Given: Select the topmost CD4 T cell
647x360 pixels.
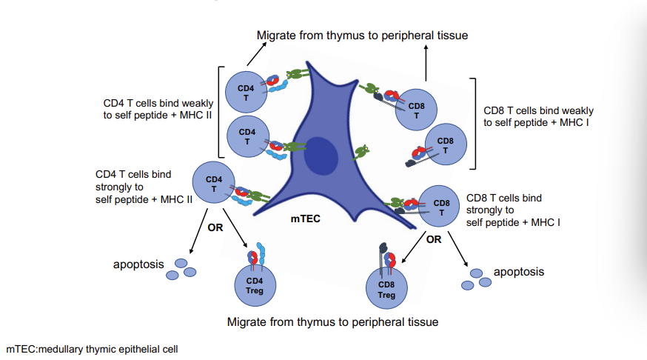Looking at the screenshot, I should click(x=246, y=92).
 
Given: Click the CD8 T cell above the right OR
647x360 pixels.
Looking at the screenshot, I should click(x=440, y=207).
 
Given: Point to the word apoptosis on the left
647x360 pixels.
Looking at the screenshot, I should click(x=138, y=264).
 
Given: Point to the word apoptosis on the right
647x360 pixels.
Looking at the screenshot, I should click(x=518, y=272).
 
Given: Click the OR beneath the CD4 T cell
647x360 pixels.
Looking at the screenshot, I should click(x=215, y=227).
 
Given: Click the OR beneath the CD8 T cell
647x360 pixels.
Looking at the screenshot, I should click(x=434, y=240).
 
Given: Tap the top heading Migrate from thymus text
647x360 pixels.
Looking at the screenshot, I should click(x=362, y=35).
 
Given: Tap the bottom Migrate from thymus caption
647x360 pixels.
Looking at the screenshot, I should click(x=332, y=322).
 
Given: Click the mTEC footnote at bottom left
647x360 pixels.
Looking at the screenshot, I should click(x=93, y=348).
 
